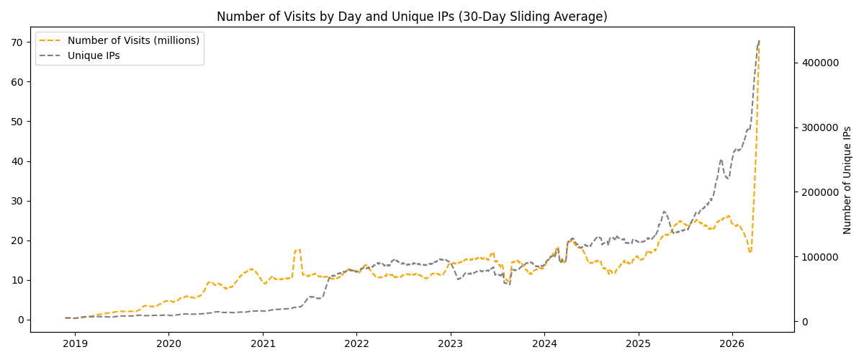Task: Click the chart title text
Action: click(x=412, y=17)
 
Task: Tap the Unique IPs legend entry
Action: click(x=98, y=55)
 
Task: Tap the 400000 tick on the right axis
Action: click(x=819, y=63)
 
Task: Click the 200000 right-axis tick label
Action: click(x=819, y=192)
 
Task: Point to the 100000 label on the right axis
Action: click(x=819, y=257)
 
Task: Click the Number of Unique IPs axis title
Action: click(x=847, y=180)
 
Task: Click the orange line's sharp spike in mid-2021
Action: click(x=297, y=250)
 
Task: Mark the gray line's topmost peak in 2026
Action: click(x=759, y=41)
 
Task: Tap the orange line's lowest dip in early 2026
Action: click(x=750, y=252)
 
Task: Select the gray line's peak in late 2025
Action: click(x=721, y=160)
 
